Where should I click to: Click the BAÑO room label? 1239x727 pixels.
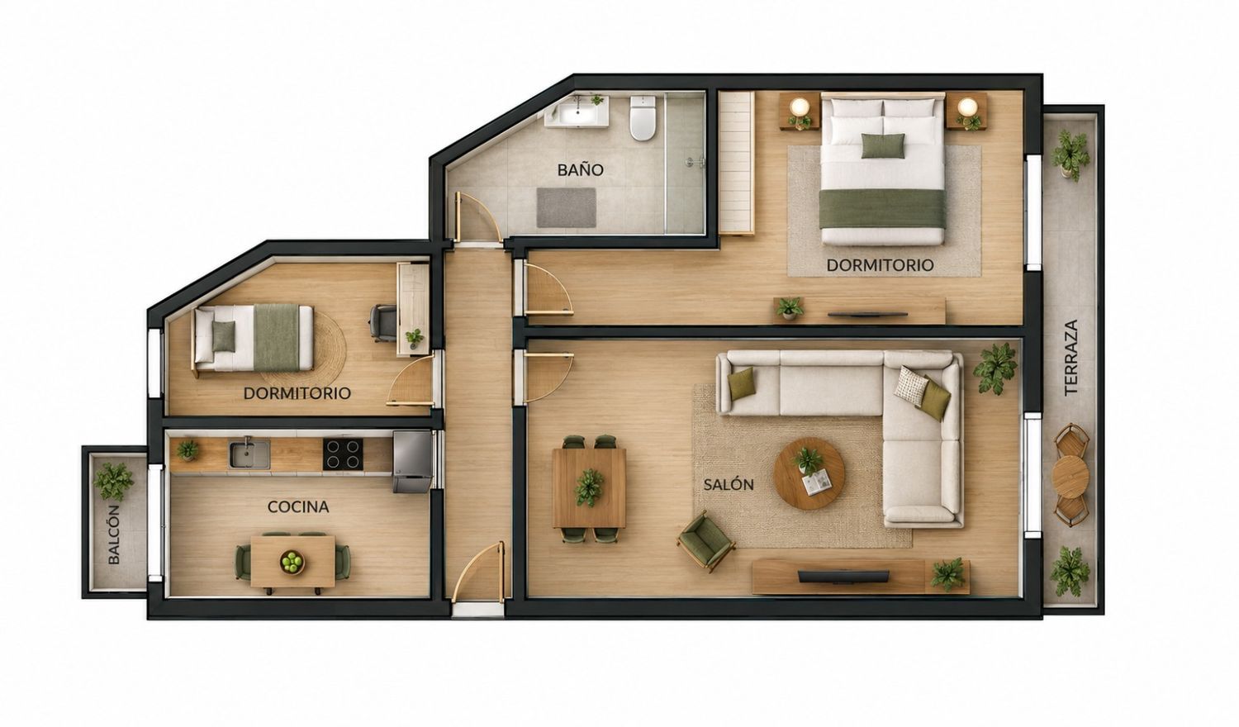pos(580,170)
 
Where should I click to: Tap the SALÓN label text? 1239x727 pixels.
pos(729,485)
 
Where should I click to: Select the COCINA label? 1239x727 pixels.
pos(298,506)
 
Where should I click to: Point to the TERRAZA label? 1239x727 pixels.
pos(1071,357)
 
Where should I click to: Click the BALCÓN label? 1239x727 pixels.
pos(114,535)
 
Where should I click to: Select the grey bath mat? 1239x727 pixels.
pos(567,207)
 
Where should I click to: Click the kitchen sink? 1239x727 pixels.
pos(249,454)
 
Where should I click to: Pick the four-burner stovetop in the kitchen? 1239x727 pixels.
pos(343,454)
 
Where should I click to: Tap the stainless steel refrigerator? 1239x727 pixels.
pos(412,462)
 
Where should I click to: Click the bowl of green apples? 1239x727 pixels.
pos(292,562)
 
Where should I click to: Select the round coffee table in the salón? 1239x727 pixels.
pos(809,473)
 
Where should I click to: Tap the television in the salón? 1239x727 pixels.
pos(843,577)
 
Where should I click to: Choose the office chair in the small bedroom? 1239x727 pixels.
pos(382,322)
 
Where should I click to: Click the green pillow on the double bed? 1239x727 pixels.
pos(883,146)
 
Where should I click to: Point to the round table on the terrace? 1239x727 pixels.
pos(1070,475)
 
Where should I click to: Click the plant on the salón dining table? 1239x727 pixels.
pos(589,487)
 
